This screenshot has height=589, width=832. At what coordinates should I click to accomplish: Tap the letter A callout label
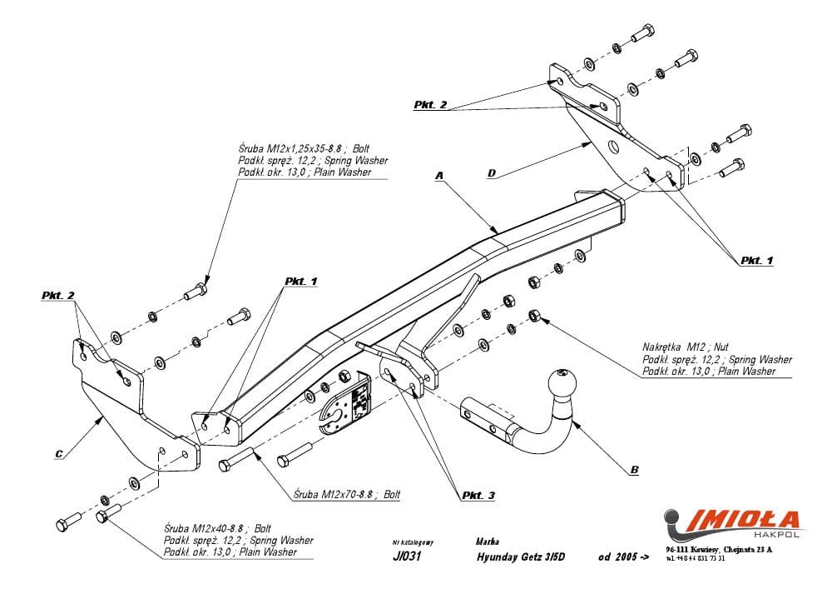coord(440,176)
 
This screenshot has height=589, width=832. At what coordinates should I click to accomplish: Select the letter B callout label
coord(634,471)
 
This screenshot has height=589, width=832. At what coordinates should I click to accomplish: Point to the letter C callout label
coord(58,454)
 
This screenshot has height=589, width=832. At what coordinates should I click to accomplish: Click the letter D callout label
coord(493,173)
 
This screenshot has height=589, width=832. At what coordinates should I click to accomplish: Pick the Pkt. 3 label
coord(477,496)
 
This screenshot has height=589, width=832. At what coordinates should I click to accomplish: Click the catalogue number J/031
coord(406,557)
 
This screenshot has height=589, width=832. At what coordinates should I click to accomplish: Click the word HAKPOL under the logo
coord(778,534)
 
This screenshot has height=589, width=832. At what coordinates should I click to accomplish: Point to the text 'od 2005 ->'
coord(623,557)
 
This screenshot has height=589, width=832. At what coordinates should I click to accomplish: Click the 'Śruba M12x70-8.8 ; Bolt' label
coord(348,494)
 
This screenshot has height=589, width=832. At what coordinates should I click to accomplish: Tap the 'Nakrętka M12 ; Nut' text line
coord(686,346)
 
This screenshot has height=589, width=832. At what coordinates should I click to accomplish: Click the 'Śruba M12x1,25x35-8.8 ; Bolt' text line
coord(300,149)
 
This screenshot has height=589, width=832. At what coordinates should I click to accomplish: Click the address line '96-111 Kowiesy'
coord(719,550)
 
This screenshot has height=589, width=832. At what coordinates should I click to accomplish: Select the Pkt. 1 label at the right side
coord(756,260)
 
